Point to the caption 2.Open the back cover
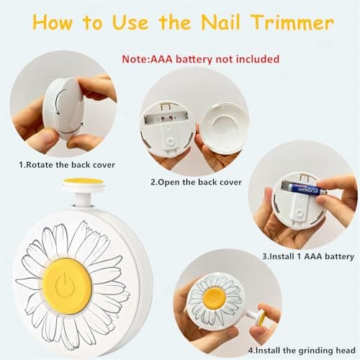(195, 182)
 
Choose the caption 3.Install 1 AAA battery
(307, 255)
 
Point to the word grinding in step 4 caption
(307, 352)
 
